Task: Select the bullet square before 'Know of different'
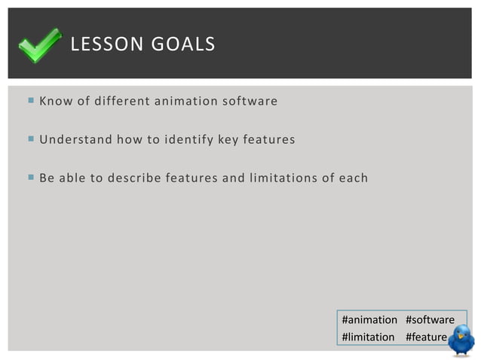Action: (30, 100)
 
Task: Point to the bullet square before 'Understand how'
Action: (30, 139)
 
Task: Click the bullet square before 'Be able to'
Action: (30, 178)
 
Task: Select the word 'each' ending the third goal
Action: (353, 178)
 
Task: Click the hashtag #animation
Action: (369, 320)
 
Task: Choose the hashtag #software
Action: (430, 320)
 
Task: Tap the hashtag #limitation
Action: (368, 337)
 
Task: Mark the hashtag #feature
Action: (426, 337)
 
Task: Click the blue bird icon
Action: (461, 340)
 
